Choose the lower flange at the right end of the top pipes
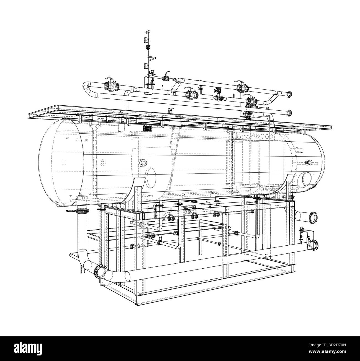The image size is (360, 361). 290,113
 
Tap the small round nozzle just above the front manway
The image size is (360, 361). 143,163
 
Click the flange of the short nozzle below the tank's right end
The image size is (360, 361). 314,217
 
